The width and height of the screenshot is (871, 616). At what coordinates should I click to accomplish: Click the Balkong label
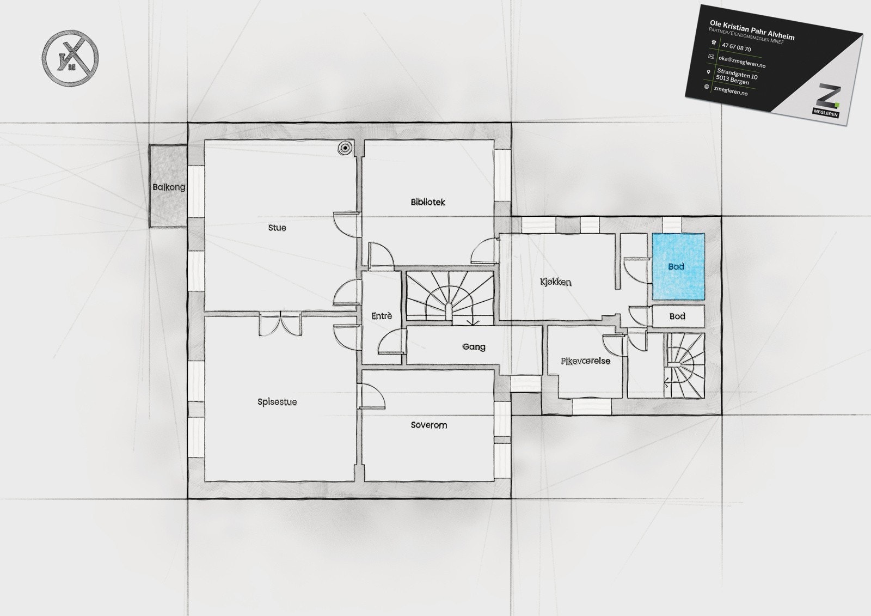coord(169,187)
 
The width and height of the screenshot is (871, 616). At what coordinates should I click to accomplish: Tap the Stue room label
coord(277,228)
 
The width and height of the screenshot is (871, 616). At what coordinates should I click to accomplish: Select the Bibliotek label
coord(428,202)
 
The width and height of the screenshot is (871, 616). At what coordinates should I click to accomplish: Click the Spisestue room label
coord(277,402)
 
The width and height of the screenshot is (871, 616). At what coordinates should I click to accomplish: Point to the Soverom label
coord(429,425)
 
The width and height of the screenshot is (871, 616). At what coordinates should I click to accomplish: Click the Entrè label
coord(382,316)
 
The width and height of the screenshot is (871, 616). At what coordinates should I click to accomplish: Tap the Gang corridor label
coord(474,346)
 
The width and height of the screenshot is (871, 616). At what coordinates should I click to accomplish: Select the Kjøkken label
coord(556,282)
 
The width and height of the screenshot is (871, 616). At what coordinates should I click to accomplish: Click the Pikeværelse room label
coord(586,361)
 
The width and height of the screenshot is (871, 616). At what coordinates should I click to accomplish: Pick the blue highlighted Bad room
coord(678,266)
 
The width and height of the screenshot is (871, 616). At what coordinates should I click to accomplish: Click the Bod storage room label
coord(677,316)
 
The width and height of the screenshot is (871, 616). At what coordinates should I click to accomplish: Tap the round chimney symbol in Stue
coord(345,148)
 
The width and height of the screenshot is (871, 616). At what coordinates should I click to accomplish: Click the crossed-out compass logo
coord(70,58)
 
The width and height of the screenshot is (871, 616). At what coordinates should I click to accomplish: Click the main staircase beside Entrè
coord(450,297)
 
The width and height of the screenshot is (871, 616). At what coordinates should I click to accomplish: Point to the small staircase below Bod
coord(684,365)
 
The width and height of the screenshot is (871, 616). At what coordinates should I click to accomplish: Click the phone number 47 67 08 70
coord(736,48)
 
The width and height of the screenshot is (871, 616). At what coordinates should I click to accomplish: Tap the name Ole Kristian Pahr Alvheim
coord(752,30)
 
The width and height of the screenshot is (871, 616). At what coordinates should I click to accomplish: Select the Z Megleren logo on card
coord(827,101)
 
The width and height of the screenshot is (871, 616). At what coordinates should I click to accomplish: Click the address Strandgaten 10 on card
coord(737,74)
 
